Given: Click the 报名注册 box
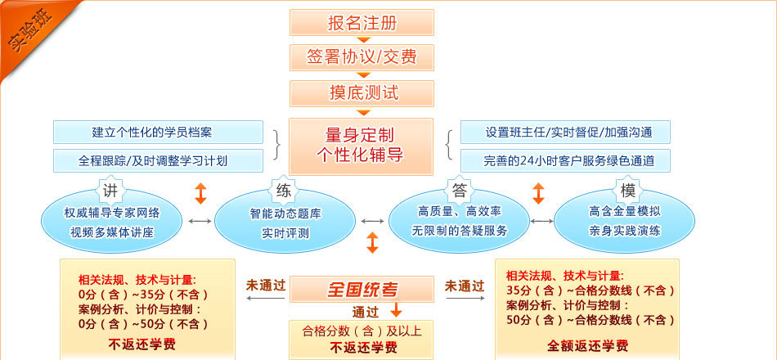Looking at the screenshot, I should pyautogui.click(x=361, y=22).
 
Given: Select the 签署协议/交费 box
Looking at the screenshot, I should pyautogui.click(x=361, y=57).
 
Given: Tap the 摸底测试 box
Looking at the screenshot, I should pyautogui.click(x=361, y=92).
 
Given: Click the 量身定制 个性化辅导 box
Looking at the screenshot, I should pyautogui.click(x=361, y=146).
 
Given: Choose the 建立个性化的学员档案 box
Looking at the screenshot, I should pyautogui.click(x=158, y=133).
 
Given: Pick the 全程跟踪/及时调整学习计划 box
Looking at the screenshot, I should pyautogui.click(x=158, y=160).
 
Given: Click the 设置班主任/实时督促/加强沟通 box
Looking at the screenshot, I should pyautogui.click(x=565, y=133).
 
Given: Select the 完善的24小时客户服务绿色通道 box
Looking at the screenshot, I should pyautogui.click(x=565, y=160).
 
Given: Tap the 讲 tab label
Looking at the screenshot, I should pyautogui.click(x=111, y=191).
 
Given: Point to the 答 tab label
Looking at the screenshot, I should pyautogui.click(x=460, y=191).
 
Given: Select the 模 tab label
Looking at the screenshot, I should pyautogui.click(x=628, y=191).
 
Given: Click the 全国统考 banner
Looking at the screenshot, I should pyautogui.click(x=362, y=289).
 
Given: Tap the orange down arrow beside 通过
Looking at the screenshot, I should pyautogui.click(x=396, y=310).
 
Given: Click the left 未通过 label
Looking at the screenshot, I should pyautogui.click(x=266, y=286).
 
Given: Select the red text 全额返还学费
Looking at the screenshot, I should pyautogui.click(x=587, y=344).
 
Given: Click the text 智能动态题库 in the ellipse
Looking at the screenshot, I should pyautogui.click(x=285, y=214).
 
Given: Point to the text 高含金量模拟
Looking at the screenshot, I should pyautogui.click(x=625, y=211).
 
